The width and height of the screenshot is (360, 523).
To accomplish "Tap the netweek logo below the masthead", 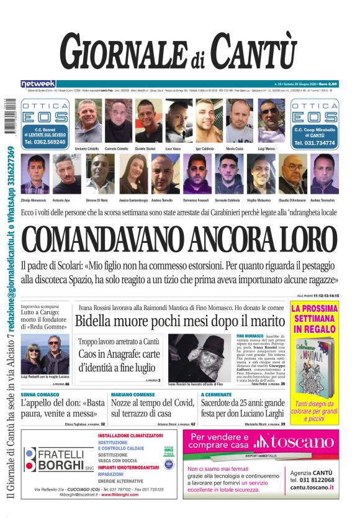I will coord(38,83).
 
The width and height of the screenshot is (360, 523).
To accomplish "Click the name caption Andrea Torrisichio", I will coord(323,200).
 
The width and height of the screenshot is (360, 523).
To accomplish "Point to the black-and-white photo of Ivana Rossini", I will coord(201,357).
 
